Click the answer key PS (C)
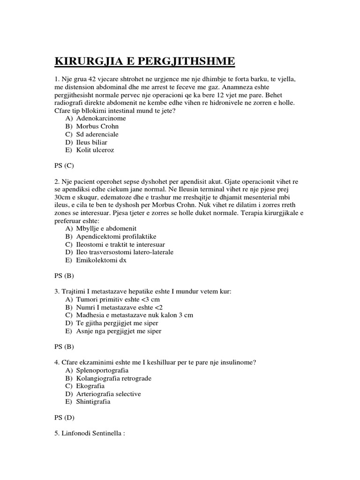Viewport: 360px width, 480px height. click(64, 165)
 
